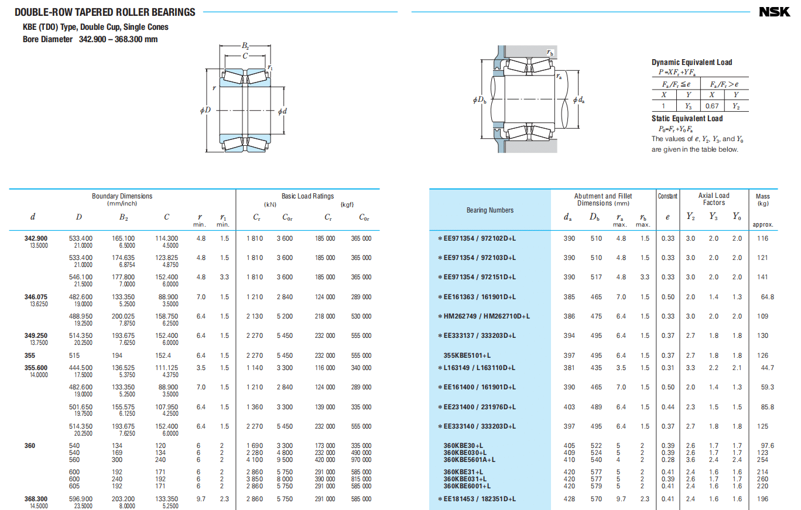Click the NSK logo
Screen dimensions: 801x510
pyautogui.click(x=775, y=12)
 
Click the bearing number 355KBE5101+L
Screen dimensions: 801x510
pyautogui.click(x=467, y=355)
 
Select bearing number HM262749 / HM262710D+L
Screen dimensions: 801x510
pyautogui.click(x=487, y=316)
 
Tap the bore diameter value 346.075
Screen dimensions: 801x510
pyautogui.click(x=36, y=297)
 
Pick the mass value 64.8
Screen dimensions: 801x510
pyautogui.click(x=768, y=297)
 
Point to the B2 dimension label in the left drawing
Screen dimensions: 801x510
pyautogui.click(x=245, y=46)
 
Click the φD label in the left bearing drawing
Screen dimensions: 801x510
pyautogui.click(x=206, y=110)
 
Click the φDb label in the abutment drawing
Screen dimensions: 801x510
pyautogui.click(x=480, y=100)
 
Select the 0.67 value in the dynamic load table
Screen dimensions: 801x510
pyautogui.click(x=711, y=106)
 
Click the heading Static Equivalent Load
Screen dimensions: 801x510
pyautogui.click(x=687, y=118)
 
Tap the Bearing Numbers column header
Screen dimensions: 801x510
pyautogui.click(x=490, y=210)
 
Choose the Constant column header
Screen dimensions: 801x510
pyautogui.click(x=667, y=196)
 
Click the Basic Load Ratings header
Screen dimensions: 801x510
pyautogui.click(x=307, y=196)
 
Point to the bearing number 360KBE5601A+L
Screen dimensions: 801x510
pyautogui.click(x=469, y=460)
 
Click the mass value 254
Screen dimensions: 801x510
pyautogui.click(x=762, y=460)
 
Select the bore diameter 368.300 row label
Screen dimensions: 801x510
pyautogui.click(x=36, y=499)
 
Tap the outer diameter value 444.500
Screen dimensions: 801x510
pyautogui.click(x=80, y=368)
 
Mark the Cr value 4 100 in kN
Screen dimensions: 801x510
pyautogui.click(x=255, y=460)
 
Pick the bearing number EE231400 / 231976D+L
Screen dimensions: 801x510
pyautogui.click(x=480, y=407)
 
